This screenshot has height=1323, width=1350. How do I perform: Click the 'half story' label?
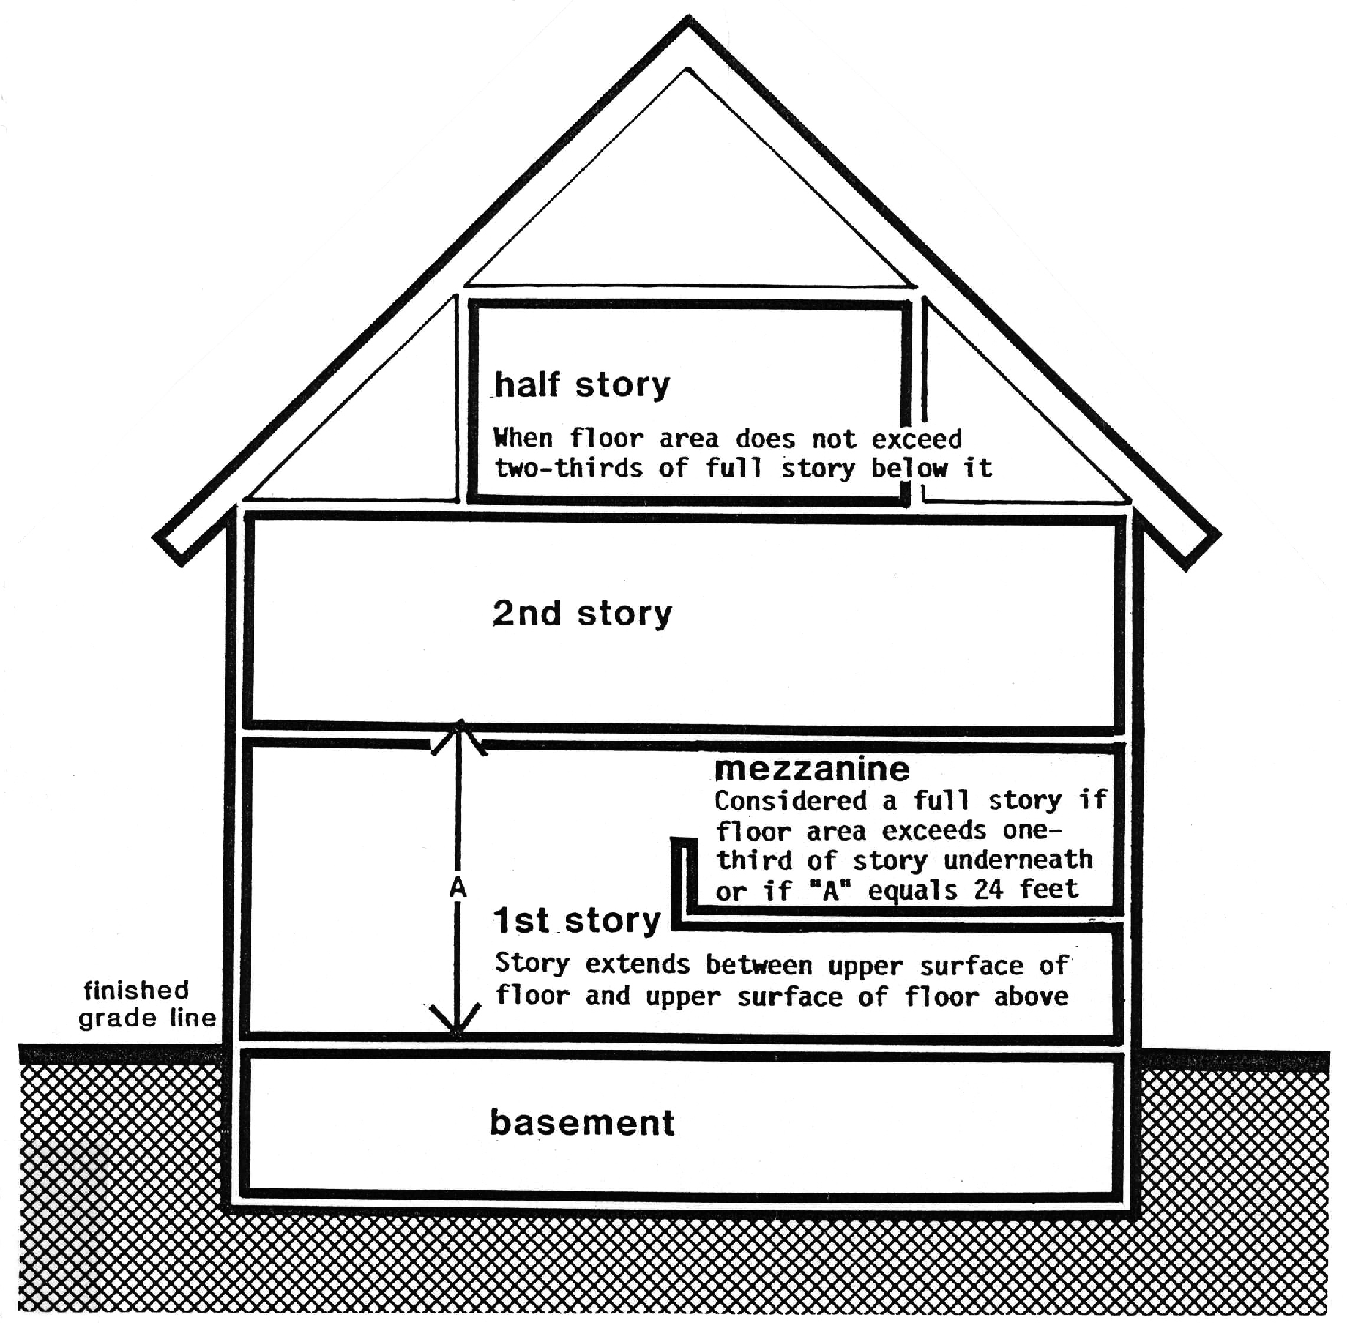click(x=582, y=384)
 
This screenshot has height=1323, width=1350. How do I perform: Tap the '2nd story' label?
click(x=582, y=614)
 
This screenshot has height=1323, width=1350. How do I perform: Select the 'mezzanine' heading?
click(x=812, y=769)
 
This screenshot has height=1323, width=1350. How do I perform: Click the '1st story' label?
click(x=577, y=920)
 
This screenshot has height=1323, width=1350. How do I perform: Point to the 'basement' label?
click(x=582, y=1123)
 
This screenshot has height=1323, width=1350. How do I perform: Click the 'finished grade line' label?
click(x=146, y=1004)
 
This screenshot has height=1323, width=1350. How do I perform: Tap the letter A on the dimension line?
click(x=458, y=887)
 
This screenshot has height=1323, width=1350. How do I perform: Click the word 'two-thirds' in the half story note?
click(x=568, y=468)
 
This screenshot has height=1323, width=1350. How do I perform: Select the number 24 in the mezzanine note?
click(x=988, y=890)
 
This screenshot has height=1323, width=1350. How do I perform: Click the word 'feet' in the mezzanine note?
click(x=1049, y=890)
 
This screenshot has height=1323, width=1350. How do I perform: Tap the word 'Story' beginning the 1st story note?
click(x=532, y=964)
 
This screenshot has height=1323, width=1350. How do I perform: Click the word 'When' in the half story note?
click(x=523, y=438)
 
